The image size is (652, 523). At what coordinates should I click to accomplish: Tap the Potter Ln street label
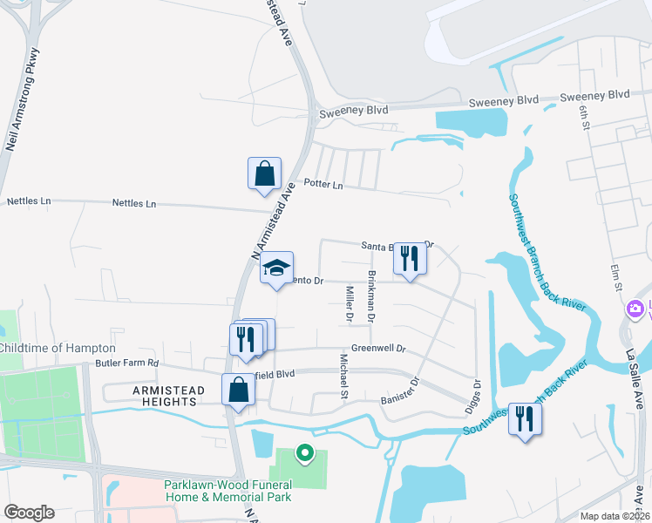coord(323,185)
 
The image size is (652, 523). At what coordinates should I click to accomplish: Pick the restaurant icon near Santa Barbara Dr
coord(409,258)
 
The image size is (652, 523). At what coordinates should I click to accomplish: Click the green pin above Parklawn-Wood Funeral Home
coord(304,452)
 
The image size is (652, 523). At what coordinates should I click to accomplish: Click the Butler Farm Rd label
coord(127,363)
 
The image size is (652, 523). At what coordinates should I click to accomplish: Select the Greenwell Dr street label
coord(378,349)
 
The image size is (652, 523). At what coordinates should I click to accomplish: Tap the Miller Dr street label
coord(349,304)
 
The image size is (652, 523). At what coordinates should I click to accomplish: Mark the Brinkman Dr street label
coord(371,295)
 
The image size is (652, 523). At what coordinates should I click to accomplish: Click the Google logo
coord(29,513)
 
